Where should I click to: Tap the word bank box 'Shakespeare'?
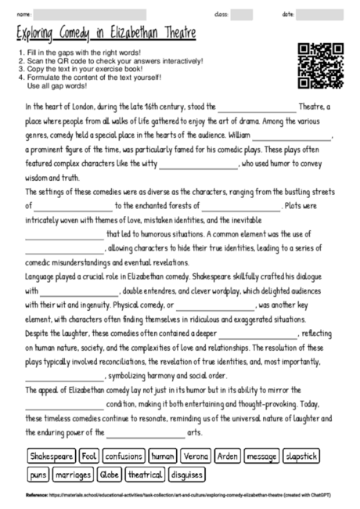pos(52,455)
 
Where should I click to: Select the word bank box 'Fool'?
pos(88,455)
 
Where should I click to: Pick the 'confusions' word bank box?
pos(124,455)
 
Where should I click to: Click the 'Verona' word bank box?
pos(195,455)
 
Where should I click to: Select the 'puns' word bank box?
pos(38,475)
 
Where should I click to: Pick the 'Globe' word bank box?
pos(110,475)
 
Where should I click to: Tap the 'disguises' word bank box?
pos(186,475)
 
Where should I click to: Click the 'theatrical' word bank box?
pos(145,475)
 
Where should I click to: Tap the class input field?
pos(242,14)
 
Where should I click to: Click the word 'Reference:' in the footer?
pos(36,496)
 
